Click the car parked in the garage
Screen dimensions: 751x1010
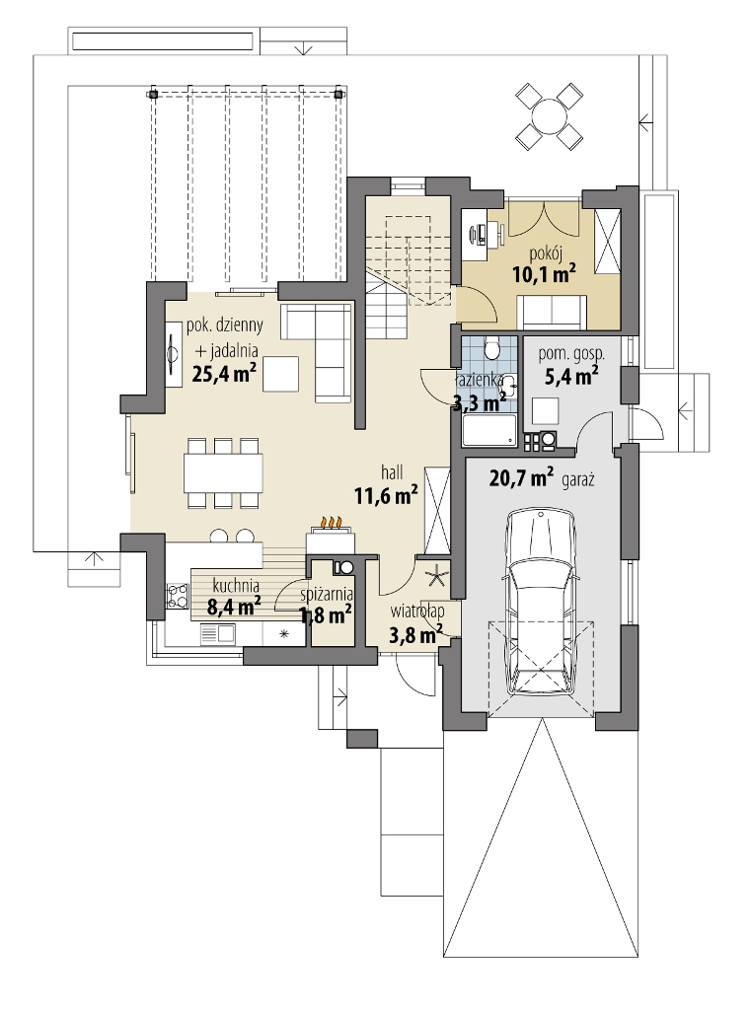[x=540, y=602]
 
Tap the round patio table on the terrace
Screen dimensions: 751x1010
[x=550, y=116]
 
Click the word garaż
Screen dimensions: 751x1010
[x=577, y=480]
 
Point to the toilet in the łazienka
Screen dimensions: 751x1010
[x=492, y=347]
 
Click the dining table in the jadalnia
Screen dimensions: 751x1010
[x=222, y=473]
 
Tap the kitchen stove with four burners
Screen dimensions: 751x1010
[x=177, y=595]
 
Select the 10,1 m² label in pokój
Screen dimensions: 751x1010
[x=544, y=274]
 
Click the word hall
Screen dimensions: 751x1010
[x=392, y=472]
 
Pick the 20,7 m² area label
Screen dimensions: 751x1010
[x=521, y=478]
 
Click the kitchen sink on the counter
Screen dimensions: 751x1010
[x=218, y=634]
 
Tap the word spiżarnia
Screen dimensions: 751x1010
[x=327, y=595]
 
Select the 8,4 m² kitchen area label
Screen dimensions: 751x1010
[x=234, y=606]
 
